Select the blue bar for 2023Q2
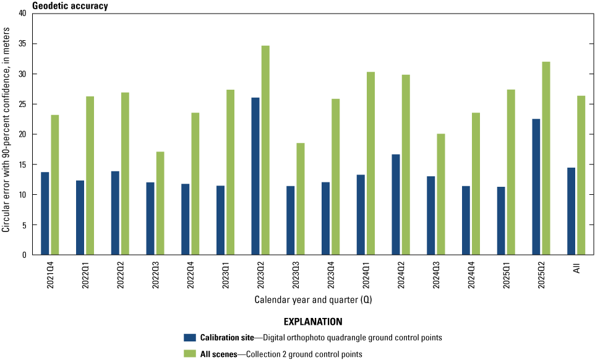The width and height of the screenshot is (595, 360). pos(255,176)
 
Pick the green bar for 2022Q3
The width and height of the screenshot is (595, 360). pos(160,204)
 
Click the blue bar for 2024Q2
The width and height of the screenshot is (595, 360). pos(396,205)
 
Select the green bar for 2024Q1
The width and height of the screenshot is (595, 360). pos(370,163)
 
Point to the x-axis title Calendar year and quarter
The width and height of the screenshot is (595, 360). pos(313,300)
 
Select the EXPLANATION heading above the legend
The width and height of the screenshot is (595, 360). pos(313,322)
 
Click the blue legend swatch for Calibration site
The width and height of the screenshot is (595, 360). pos(190,338)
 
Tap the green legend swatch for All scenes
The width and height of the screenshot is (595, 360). pos(190,354)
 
